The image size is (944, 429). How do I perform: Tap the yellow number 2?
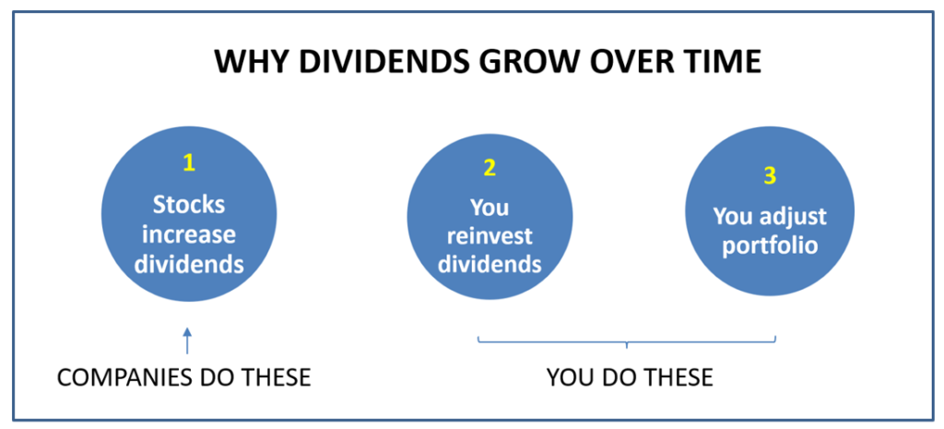coord(490,168)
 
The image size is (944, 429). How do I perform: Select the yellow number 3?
coord(770,175)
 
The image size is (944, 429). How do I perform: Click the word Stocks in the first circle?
coord(189,205)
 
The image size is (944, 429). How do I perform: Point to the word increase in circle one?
coord(189,235)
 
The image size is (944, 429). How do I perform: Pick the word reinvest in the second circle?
coord(490,235)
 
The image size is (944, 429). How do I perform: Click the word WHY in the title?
coord(248,62)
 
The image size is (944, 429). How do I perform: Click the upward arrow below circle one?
coord(187,340)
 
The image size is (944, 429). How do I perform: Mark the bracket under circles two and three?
coord(627,342)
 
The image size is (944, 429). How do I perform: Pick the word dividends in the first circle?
coord(189,266)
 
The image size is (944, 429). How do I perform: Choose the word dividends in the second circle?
coord(490,266)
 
